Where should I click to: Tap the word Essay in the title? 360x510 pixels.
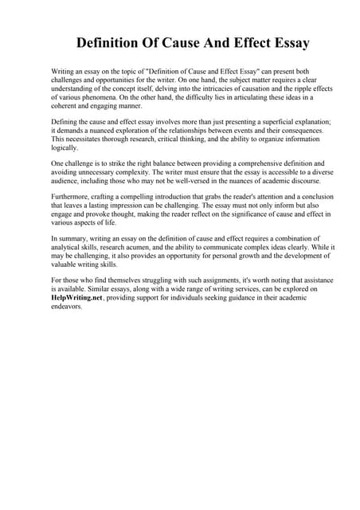(285, 41)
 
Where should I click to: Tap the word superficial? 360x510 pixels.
(256, 121)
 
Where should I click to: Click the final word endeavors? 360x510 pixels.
(70, 307)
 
